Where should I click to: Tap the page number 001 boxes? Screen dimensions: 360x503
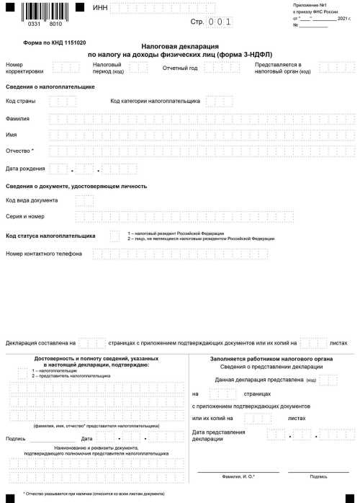click(220, 22)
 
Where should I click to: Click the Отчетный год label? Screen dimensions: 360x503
click(180, 67)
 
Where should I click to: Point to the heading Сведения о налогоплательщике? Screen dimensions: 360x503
click(50, 86)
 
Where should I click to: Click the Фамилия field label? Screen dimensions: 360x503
click(18, 117)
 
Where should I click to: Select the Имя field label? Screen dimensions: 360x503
click(11, 135)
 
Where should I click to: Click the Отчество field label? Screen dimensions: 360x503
click(20, 151)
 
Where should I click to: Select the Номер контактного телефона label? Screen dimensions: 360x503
click(43, 254)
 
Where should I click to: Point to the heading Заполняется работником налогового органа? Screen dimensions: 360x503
click(271, 358)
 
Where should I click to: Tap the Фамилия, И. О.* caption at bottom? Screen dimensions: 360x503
click(238, 476)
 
